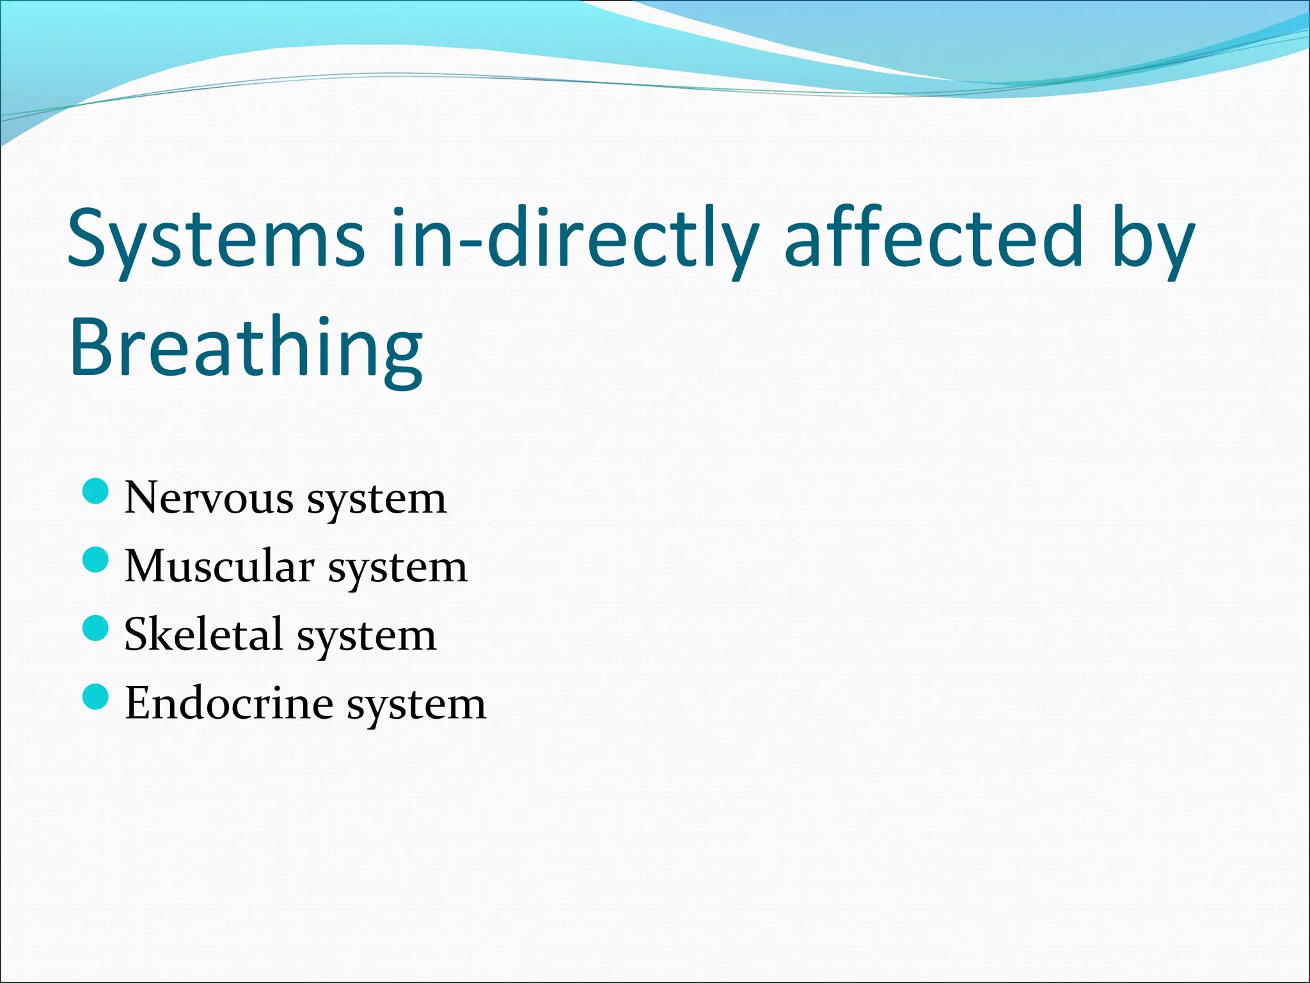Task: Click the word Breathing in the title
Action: [246, 349]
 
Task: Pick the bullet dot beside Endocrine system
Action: [96, 696]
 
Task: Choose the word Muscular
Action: [219, 566]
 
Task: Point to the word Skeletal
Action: [203, 634]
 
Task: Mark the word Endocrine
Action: [229, 703]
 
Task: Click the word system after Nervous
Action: [377, 500]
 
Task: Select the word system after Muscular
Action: [398, 569]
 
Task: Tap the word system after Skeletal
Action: [367, 637]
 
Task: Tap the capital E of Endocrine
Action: [138, 703]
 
